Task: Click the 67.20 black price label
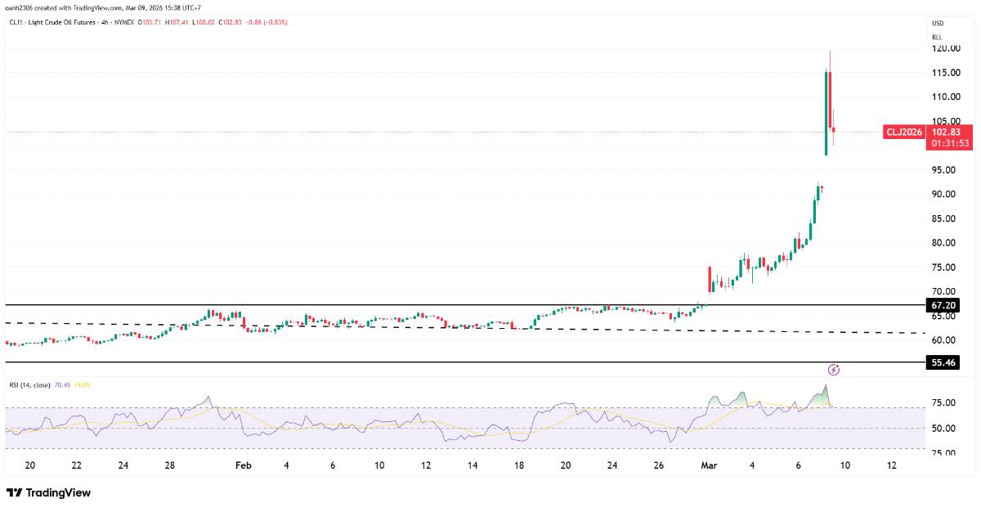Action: click(943, 305)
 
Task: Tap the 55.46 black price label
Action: click(943, 362)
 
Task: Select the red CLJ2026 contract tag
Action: click(904, 132)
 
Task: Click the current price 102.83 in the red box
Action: click(946, 132)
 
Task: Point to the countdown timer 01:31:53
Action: click(950, 143)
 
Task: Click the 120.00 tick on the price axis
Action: click(946, 48)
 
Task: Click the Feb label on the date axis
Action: click(244, 465)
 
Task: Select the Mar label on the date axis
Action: click(709, 465)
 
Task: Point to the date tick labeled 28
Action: click(169, 465)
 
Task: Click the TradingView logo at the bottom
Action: click(48, 492)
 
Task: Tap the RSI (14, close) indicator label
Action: click(29, 385)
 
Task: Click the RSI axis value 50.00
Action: click(943, 429)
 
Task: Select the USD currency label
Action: click(938, 23)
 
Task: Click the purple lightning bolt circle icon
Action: click(834, 370)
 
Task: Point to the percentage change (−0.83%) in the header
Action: click(274, 22)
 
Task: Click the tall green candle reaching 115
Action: click(826, 113)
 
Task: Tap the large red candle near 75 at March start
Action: click(710, 279)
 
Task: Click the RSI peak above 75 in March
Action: click(826, 385)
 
